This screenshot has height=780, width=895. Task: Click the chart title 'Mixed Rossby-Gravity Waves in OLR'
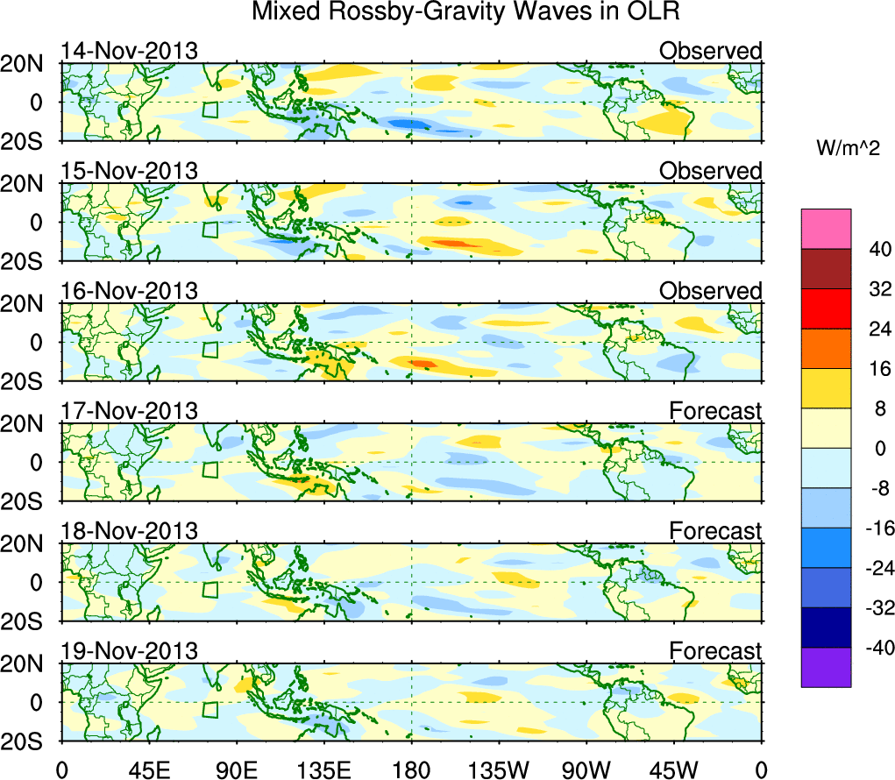click(x=465, y=12)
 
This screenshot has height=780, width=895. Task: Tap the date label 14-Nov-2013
click(x=130, y=51)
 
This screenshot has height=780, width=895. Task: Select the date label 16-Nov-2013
click(x=130, y=291)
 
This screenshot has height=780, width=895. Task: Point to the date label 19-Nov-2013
click(x=130, y=651)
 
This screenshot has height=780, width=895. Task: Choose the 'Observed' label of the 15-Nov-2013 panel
click(x=711, y=171)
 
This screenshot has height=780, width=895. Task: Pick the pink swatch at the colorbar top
click(x=825, y=228)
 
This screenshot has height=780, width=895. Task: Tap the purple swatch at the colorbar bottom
click(x=825, y=667)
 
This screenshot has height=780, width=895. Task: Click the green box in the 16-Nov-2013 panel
click(x=210, y=350)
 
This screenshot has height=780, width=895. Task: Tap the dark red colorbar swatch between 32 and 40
click(x=825, y=268)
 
